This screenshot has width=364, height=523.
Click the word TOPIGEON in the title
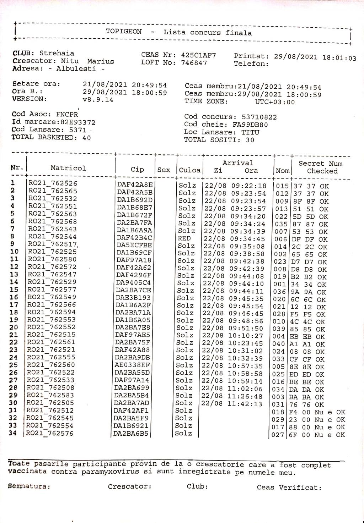tap(123, 32)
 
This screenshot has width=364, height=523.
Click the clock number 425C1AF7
tap(198, 55)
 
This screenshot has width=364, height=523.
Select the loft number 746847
tap(194, 63)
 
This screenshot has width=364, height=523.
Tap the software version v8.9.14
tap(98, 100)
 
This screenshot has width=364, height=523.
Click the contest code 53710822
tap(259, 117)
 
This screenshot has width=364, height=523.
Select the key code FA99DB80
tap(251, 125)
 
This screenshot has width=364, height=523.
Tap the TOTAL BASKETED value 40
tap(86, 138)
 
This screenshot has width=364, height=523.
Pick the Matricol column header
tap(68, 168)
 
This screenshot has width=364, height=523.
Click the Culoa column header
tap(189, 170)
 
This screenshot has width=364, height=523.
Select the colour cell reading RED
tap(184, 238)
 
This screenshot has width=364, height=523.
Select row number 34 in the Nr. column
tap(13, 433)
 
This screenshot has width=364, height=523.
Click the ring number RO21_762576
tap(49, 433)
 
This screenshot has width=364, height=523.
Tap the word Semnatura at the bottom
tap(29, 486)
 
